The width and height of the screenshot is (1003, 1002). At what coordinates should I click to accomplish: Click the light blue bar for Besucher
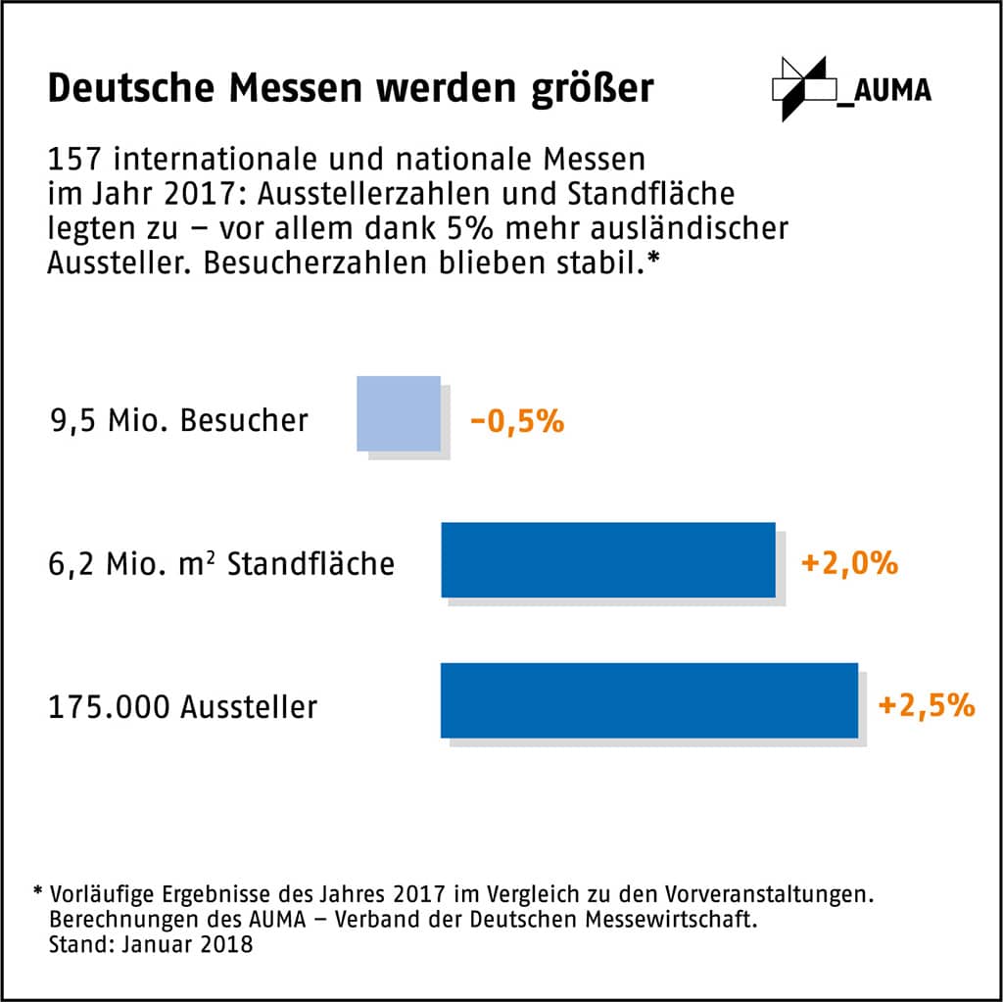(399, 413)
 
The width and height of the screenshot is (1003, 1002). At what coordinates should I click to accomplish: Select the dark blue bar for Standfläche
(607, 559)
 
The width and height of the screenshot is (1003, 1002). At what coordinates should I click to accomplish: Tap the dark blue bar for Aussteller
(648, 700)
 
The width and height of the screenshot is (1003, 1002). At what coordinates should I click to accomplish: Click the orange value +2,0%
(849, 564)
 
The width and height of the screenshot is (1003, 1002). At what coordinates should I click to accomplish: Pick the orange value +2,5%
(927, 705)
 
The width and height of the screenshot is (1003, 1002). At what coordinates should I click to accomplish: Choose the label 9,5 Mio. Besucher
(179, 421)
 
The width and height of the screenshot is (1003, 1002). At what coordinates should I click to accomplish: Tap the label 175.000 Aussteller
(182, 706)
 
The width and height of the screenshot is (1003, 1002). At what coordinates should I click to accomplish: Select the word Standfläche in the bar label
(310, 565)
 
